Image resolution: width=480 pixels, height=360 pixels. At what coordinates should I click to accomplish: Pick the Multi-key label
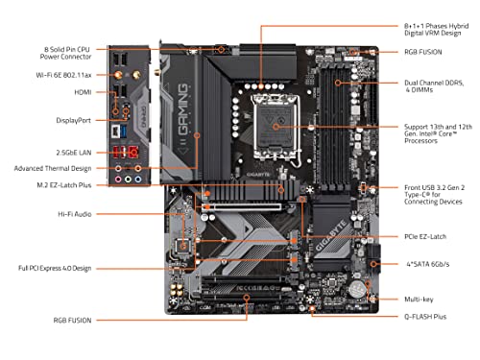coord(423,300)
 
